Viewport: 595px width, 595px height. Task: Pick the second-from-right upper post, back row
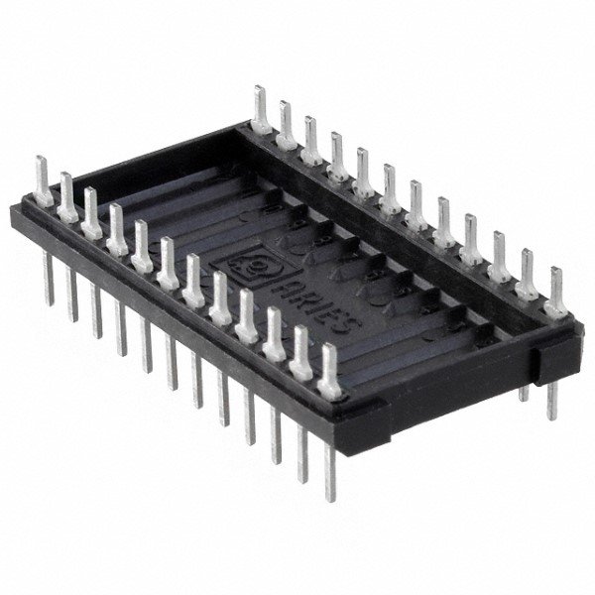[x=529, y=272]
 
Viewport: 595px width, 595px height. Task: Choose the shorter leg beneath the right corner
[x=524, y=389]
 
